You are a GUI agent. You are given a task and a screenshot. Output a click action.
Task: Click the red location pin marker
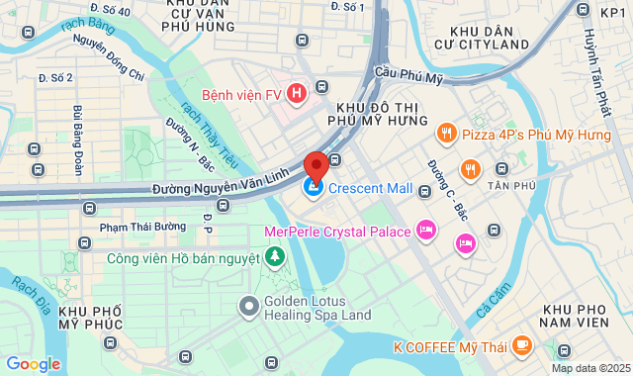pyautogui.click(x=316, y=165)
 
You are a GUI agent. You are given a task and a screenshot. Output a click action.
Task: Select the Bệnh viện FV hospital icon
pyautogui.click(x=295, y=95)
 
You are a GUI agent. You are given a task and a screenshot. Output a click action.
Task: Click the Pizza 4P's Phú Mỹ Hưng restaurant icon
pyautogui.click(x=446, y=133)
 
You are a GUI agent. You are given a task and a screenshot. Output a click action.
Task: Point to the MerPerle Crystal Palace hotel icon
pyautogui.click(x=426, y=231)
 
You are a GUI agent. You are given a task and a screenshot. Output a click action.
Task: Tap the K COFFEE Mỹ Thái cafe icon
pyautogui.click(x=521, y=345)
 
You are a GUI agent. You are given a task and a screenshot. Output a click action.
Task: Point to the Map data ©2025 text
pyautogui.click(x=589, y=368)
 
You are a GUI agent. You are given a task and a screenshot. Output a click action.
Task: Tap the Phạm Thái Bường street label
pyautogui.click(x=142, y=227)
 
